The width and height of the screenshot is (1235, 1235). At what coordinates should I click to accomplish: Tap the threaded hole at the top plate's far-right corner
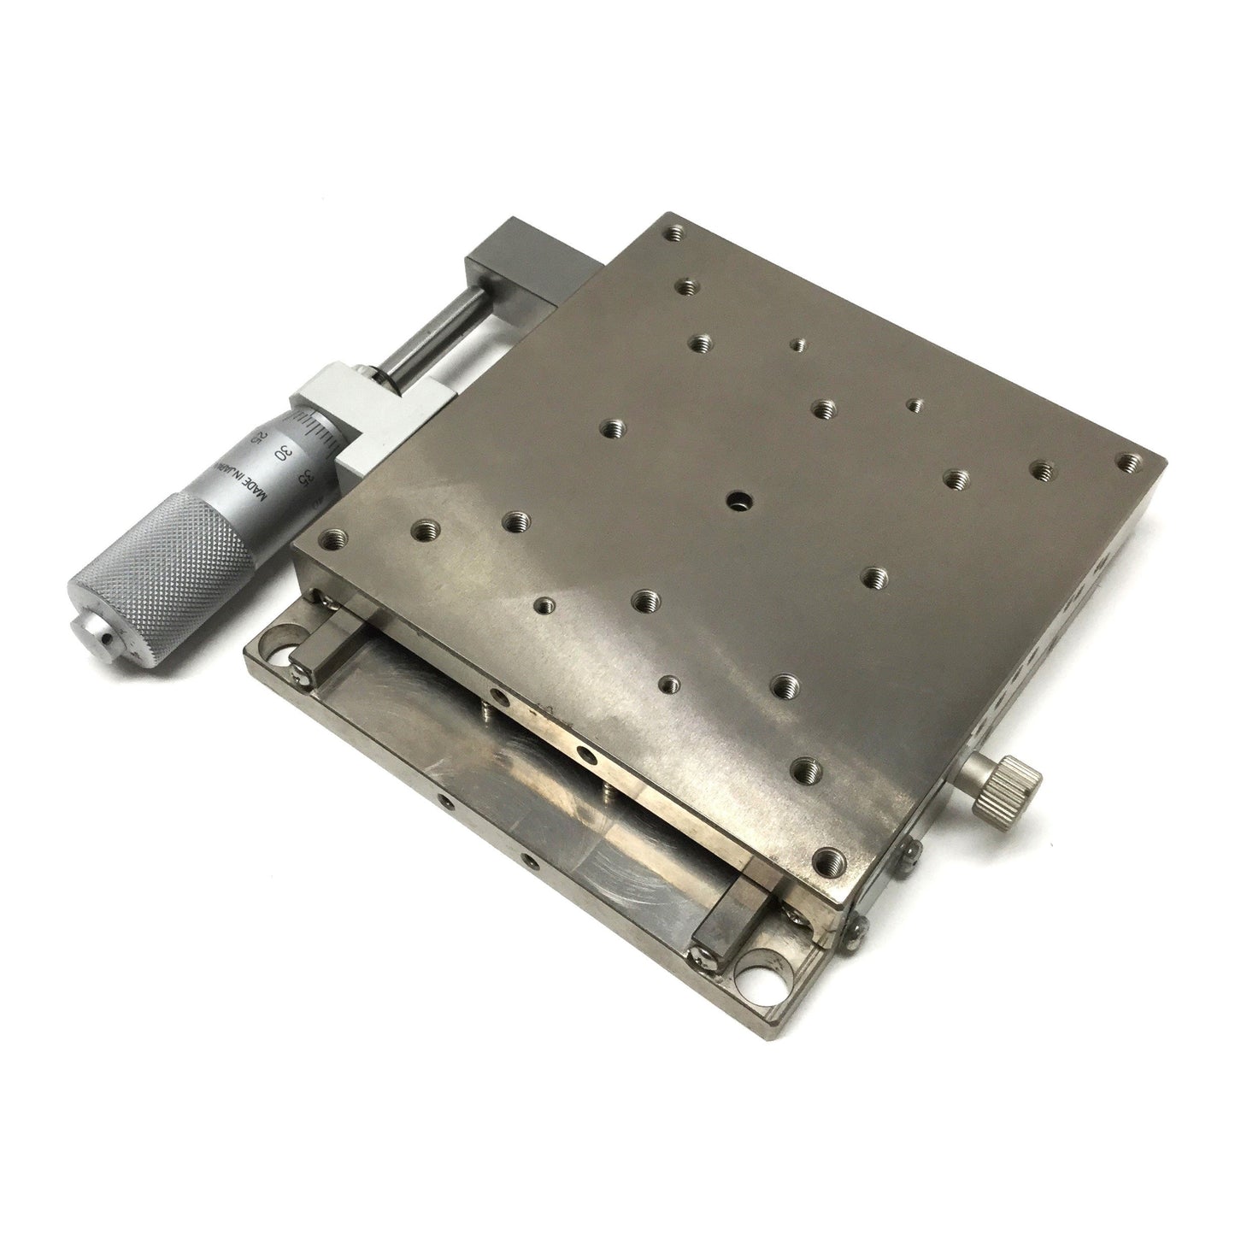click(1132, 462)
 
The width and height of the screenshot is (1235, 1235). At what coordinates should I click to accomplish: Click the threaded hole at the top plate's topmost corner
click(678, 232)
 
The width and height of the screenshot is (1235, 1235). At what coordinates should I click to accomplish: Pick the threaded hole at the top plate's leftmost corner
click(331, 539)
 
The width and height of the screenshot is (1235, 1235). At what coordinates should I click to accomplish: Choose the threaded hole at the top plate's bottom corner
click(826, 861)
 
